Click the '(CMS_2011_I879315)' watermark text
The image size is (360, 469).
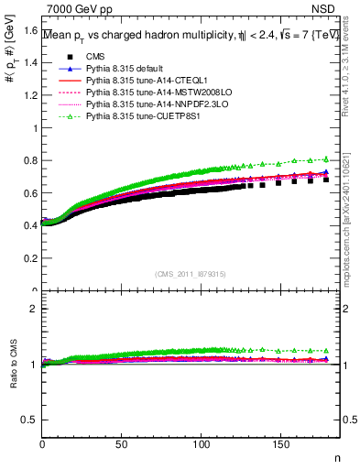tap(191, 272)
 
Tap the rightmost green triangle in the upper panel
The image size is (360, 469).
tap(326, 158)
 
